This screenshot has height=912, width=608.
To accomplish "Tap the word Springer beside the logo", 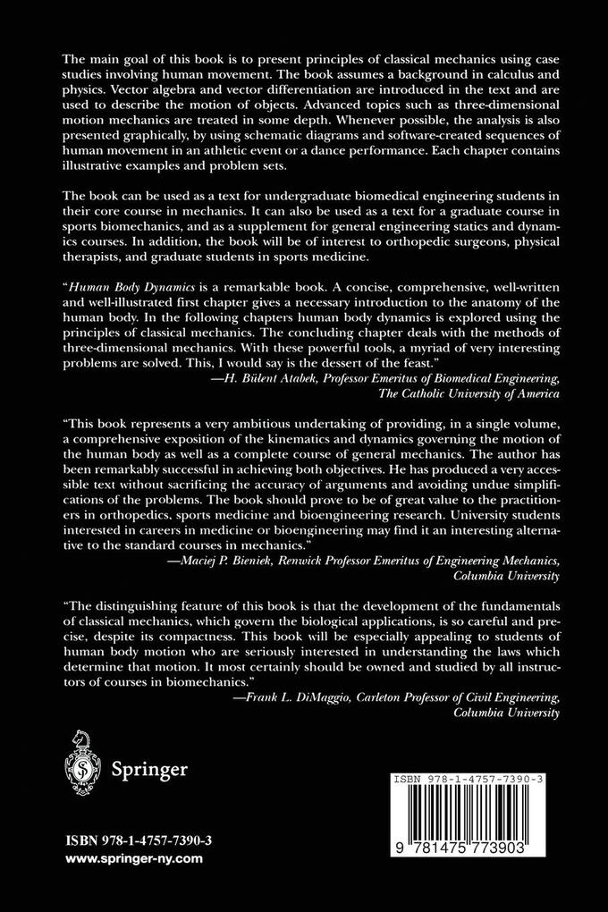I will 148,769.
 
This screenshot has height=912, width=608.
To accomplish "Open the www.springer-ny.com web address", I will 133,858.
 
